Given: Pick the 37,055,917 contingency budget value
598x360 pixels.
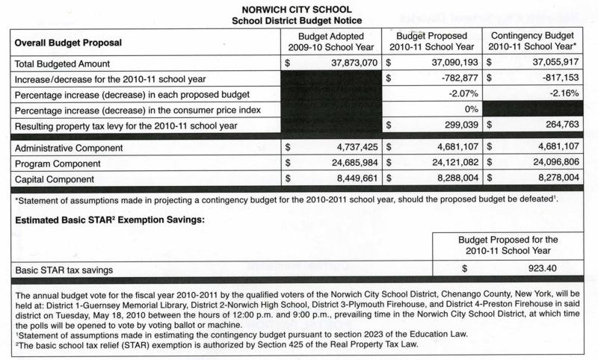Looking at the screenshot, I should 552,63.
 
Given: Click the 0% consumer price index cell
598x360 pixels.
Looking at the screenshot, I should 471,109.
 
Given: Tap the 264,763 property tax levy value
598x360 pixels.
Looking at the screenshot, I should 559,125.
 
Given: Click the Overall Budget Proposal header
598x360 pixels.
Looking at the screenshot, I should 68,43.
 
